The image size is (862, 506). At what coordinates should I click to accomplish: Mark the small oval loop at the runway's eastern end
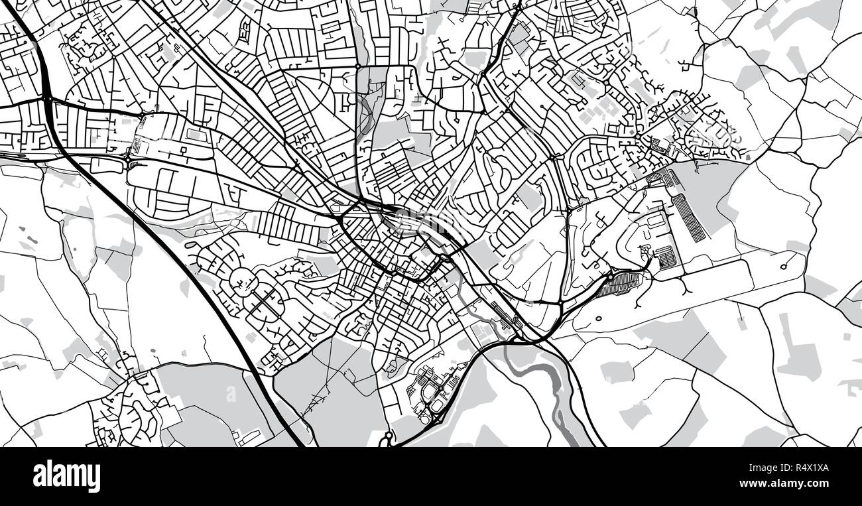784,267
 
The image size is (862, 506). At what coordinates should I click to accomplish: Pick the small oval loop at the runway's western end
598,318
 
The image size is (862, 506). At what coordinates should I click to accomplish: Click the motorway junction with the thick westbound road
47,99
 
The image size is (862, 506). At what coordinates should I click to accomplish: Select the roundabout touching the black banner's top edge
388,437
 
